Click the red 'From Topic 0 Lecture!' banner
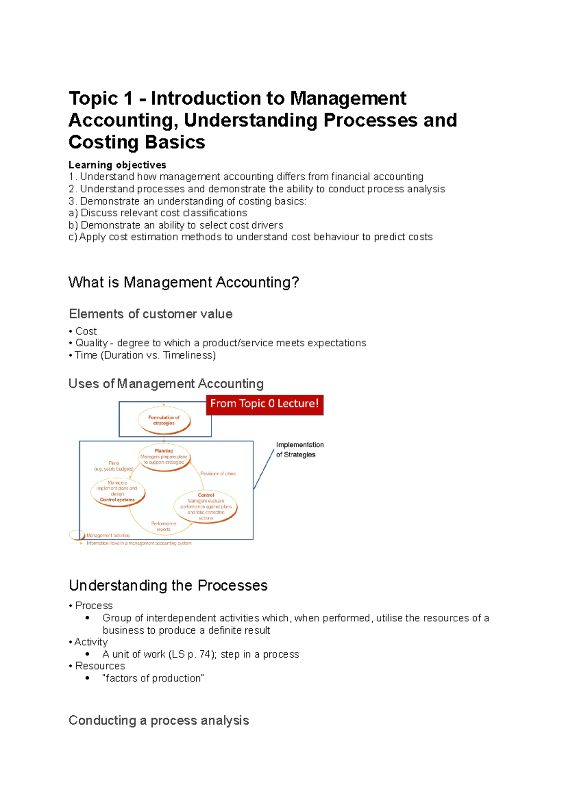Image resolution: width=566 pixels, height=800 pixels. tap(265, 404)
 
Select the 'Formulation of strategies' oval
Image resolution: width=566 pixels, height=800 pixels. tap(164, 420)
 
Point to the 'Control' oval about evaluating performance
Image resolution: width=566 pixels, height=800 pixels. tap(206, 507)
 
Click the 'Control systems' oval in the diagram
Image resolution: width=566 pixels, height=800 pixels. tap(117, 492)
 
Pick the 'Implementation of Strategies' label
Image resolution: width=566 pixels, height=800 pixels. tap(300, 449)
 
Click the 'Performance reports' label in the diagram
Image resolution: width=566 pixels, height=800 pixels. tap(164, 526)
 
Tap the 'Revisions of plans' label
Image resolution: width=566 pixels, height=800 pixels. tap(218, 473)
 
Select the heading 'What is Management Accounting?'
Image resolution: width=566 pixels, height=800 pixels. tap(183, 282)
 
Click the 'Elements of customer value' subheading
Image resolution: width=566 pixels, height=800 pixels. tap(150, 314)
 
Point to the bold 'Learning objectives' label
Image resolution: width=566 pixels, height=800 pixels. tap(117, 165)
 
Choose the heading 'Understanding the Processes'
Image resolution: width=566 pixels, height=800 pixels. tap(168, 585)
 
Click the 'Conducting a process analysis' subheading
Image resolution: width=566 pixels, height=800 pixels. tap(158, 720)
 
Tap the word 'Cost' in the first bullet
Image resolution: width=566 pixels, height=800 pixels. tap(86, 331)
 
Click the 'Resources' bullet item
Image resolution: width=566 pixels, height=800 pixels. tap(100, 666)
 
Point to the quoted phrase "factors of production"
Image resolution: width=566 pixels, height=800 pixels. tap(153, 678)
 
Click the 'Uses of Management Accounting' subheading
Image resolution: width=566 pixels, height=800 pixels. tap(166, 384)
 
